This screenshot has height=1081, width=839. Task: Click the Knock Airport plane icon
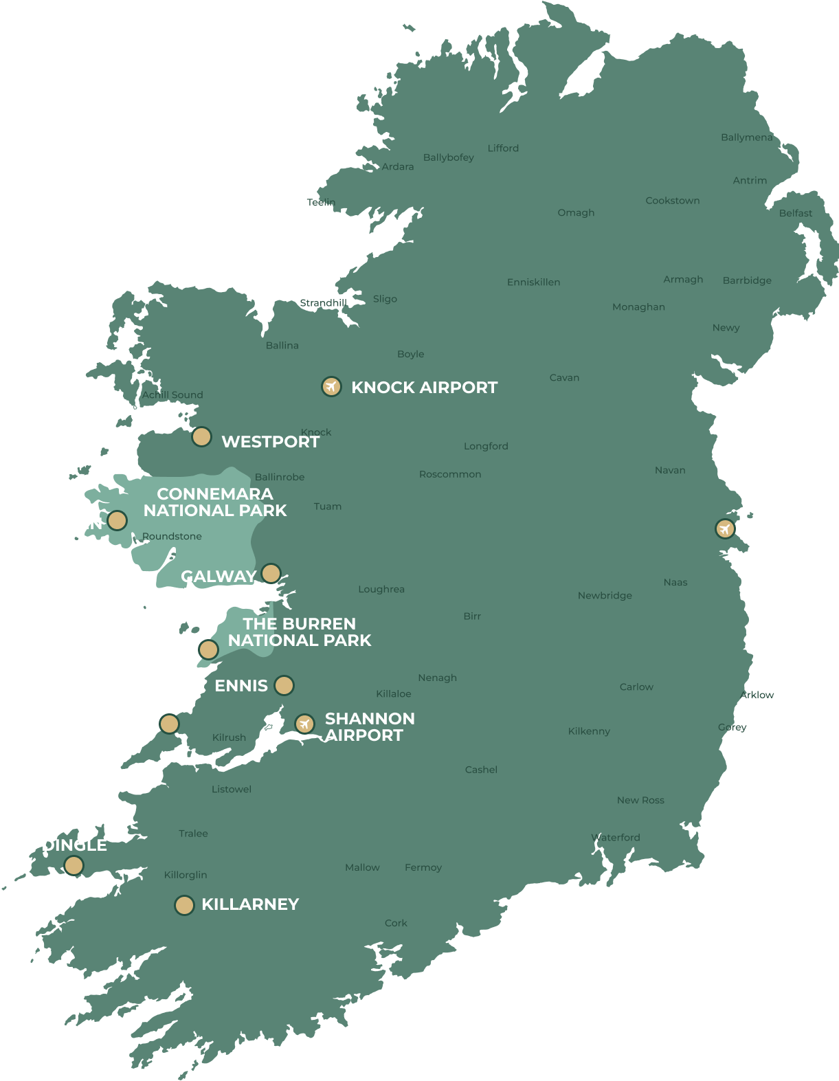coord(331,387)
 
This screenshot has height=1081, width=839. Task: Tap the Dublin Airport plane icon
coord(724,528)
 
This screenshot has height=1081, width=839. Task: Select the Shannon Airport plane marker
coord(304,724)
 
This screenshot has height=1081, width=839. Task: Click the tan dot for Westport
coord(201,436)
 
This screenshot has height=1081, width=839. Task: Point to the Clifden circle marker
coord(117,520)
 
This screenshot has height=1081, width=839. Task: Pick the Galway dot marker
coord(271,572)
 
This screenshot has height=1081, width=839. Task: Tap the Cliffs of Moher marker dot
coord(208,649)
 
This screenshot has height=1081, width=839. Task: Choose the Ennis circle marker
coord(283,685)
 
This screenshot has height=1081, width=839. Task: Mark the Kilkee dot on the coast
coord(169,724)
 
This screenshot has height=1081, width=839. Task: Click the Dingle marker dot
coord(74,865)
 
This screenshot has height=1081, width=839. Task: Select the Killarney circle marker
coord(184,905)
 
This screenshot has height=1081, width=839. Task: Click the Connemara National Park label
coord(215,502)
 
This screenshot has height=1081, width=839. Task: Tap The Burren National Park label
coord(300,632)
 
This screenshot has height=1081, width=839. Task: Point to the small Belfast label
coord(795,213)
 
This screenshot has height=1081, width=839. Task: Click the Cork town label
coord(396,923)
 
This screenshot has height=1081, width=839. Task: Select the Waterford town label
coord(616,837)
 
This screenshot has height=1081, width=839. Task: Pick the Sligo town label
coord(385,299)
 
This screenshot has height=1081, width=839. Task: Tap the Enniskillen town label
coord(533,282)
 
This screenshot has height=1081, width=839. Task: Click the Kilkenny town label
coord(589,731)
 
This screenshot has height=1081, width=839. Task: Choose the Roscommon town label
coord(450,474)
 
